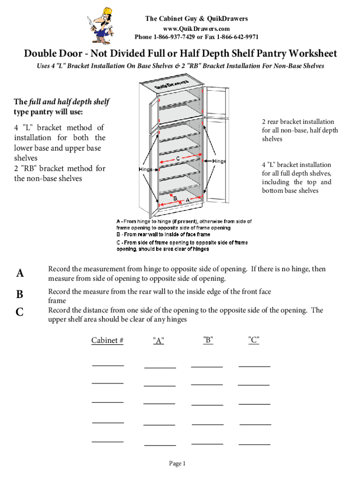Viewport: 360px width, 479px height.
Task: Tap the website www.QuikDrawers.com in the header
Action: point(196,28)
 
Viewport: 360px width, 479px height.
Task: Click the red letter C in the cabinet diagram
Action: point(178,159)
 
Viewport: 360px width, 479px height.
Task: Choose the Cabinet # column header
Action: point(107,341)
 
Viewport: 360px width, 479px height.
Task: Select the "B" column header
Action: point(209,340)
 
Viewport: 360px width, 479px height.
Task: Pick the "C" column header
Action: point(254,340)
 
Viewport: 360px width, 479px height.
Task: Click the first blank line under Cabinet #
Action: point(108,365)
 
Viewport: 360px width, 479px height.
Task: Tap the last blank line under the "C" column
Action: point(254,443)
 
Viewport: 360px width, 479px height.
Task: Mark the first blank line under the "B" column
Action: point(207,366)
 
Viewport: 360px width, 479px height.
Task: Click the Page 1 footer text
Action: point(177,464)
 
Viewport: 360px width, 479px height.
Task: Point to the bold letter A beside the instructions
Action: point(20,274)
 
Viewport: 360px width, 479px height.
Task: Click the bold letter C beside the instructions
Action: point(20,312)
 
